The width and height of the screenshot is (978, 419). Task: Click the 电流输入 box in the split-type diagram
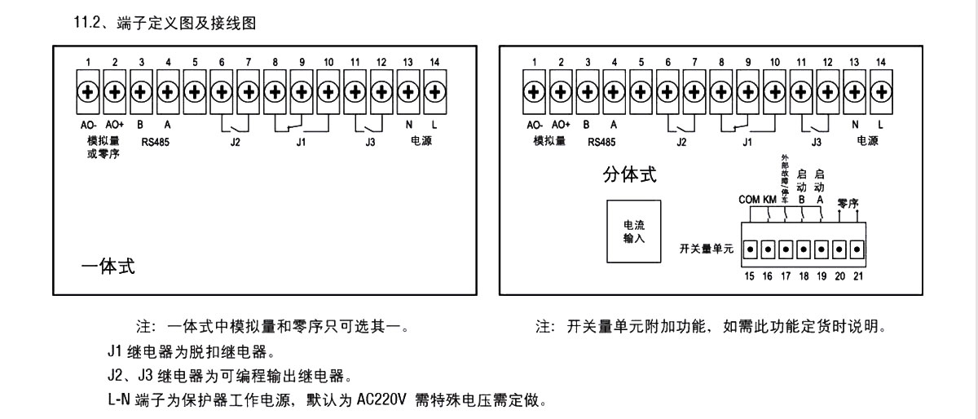coord(632,231)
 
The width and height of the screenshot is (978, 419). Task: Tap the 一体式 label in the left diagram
coord(109,267)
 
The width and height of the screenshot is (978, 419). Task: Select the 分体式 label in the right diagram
coord(629,175)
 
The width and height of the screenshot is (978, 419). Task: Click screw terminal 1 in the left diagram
coord(87,91)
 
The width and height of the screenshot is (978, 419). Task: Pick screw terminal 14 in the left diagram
coord(434,91)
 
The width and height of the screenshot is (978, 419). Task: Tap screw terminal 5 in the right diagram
coord(641,91)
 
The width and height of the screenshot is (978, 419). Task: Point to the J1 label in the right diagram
coord(747,139)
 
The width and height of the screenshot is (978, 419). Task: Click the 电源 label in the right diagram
coord(867,139)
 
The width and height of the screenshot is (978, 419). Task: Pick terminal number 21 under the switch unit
coord(857,276)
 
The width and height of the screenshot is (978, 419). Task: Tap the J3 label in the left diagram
coord(370,139)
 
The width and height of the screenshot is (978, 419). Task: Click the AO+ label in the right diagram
coord(561,126)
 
